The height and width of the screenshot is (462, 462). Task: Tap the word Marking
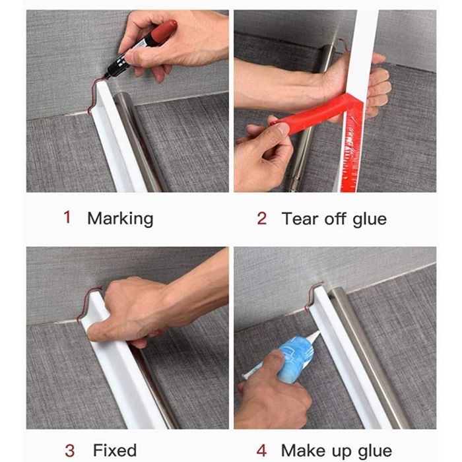(x=120, y=218)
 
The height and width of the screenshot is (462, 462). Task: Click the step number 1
(x=67, y=217)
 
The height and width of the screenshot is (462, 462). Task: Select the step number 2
(x=261, y=218)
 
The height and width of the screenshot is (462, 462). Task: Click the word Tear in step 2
(x=300, y=218)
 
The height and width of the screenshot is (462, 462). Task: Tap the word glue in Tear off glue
(x=370, y=219)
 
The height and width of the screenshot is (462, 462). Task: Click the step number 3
(x=69, y=451)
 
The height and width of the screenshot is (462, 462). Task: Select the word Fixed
(x=115, y=450)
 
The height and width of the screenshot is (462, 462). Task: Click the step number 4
(x=261, y=451)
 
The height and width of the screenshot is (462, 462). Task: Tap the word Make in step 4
(x=304, y=450)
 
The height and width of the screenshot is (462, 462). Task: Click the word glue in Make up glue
(x=375, y=451)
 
